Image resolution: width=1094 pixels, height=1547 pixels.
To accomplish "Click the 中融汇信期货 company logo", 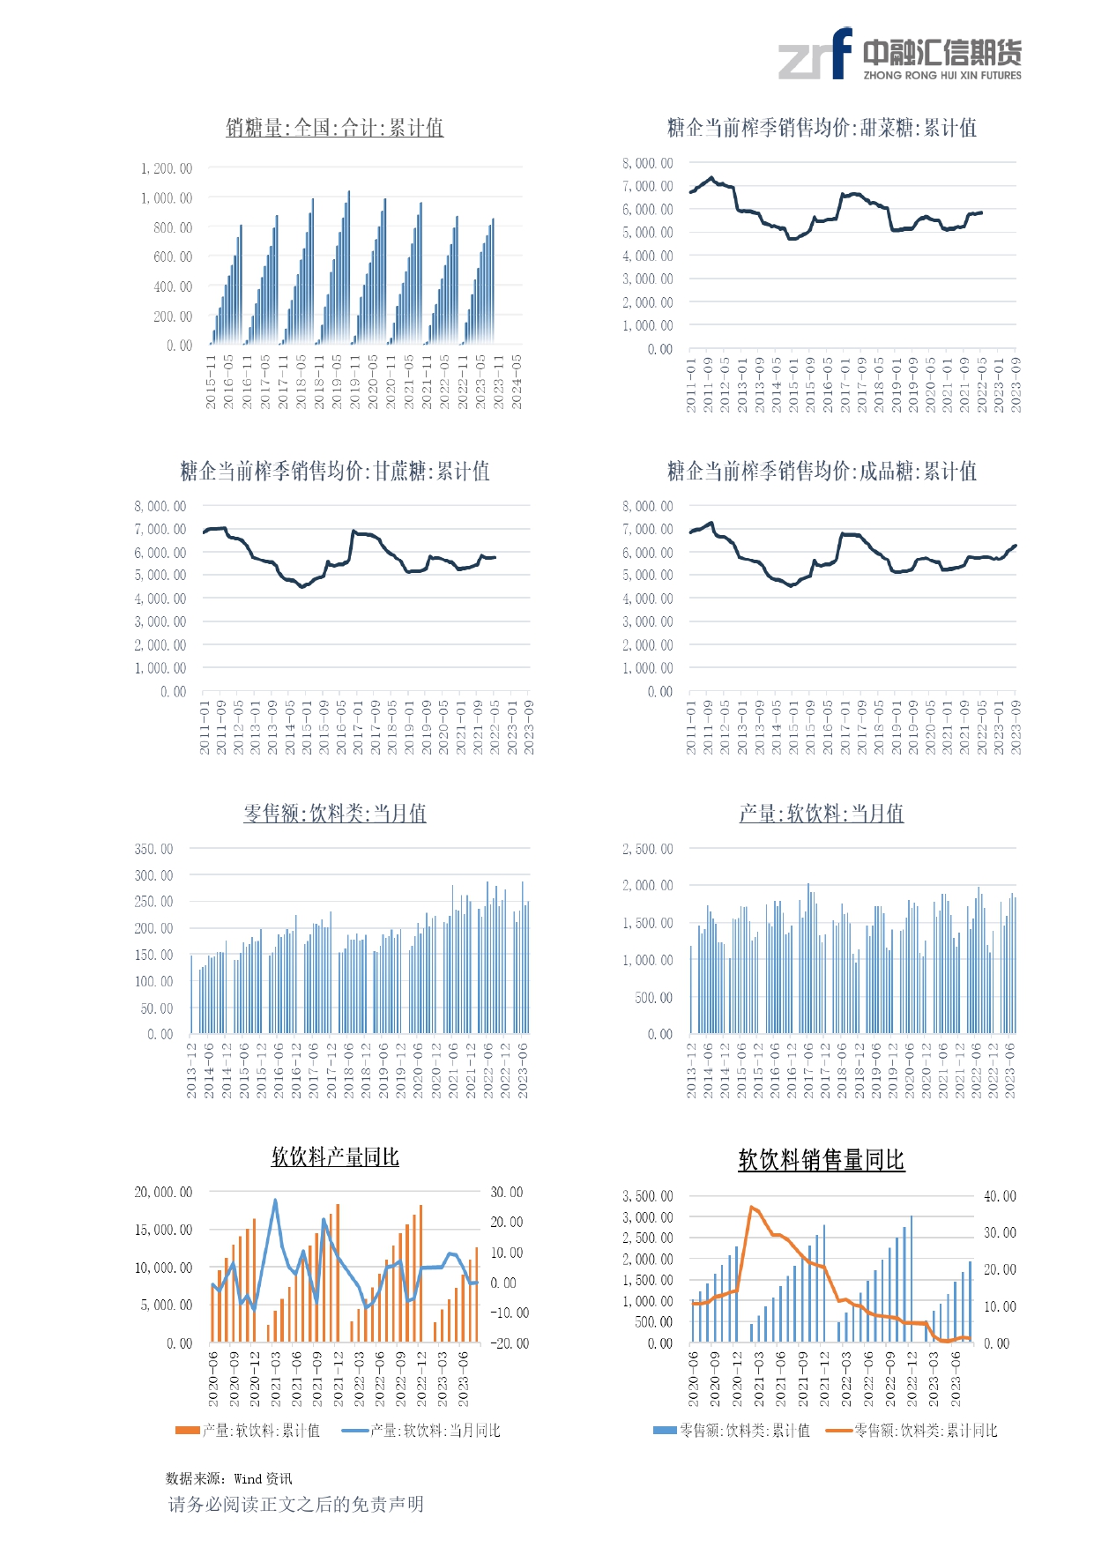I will point(899,55).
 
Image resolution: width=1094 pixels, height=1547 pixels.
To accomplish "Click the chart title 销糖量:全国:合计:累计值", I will point(334,128).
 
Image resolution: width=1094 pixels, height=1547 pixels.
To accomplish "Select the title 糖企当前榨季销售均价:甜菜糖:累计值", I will point(822,128).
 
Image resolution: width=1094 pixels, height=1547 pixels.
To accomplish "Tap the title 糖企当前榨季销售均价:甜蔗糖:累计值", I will point(334,471).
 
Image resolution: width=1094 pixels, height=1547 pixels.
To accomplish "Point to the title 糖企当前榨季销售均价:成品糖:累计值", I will point(822,471).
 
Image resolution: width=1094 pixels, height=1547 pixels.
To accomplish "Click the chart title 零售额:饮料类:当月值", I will point(334,813).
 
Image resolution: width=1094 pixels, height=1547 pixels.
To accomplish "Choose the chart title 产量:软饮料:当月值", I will point(822,813).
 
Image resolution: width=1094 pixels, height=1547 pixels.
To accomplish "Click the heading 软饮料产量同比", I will point(334,1157).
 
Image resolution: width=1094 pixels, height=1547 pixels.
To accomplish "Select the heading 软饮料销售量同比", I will point(822,1160).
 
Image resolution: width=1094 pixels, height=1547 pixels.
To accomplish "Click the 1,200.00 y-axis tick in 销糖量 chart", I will point(167,168).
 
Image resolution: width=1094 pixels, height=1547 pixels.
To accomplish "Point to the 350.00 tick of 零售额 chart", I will point(153,849).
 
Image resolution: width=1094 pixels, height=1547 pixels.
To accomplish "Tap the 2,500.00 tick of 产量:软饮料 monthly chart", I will point(648,849).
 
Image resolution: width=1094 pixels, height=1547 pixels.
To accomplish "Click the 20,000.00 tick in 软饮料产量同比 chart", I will point(163,1192).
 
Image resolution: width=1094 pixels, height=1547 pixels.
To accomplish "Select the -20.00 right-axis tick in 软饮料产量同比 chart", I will point(510,1343).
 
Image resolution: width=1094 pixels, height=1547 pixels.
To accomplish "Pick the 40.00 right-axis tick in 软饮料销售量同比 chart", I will point(1000,1196).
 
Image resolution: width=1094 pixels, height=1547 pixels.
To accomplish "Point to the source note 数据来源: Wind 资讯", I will point(229,1478).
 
